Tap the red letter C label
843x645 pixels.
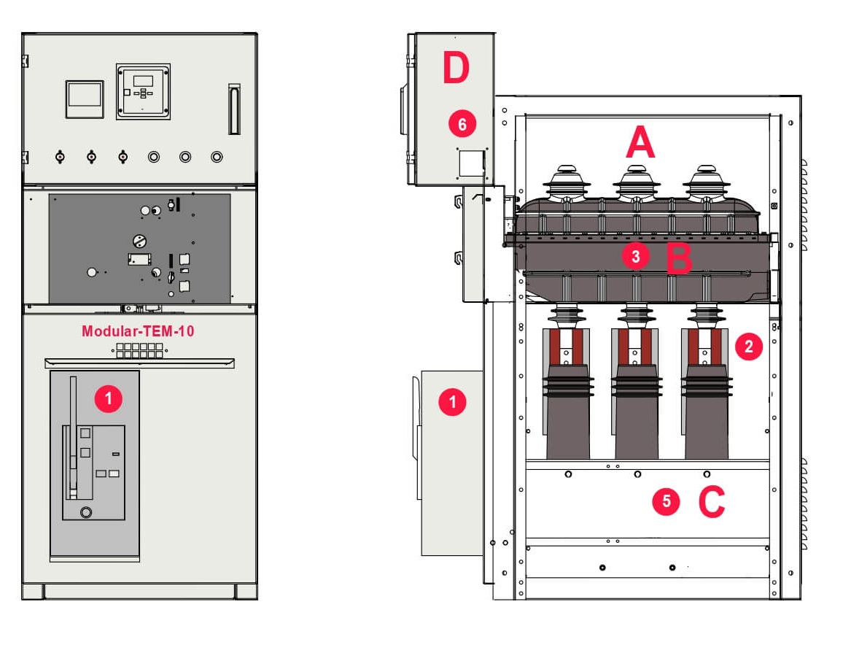pos(712,501)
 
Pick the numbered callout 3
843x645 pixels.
pos(636,256)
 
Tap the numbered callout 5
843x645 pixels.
pos(666,501)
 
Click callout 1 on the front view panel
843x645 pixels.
pos(109,398)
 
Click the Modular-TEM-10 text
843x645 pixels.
pos(138,331)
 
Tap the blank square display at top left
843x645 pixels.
pos(85,99)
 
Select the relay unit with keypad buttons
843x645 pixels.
pos(143,90)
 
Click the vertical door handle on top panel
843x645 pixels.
pos(234,109)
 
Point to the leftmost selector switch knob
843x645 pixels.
pos(60,156)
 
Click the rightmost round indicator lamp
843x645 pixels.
pos(217,156)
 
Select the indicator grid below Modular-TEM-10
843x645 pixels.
pos(139,350)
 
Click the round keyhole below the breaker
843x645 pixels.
pos(86,512)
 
